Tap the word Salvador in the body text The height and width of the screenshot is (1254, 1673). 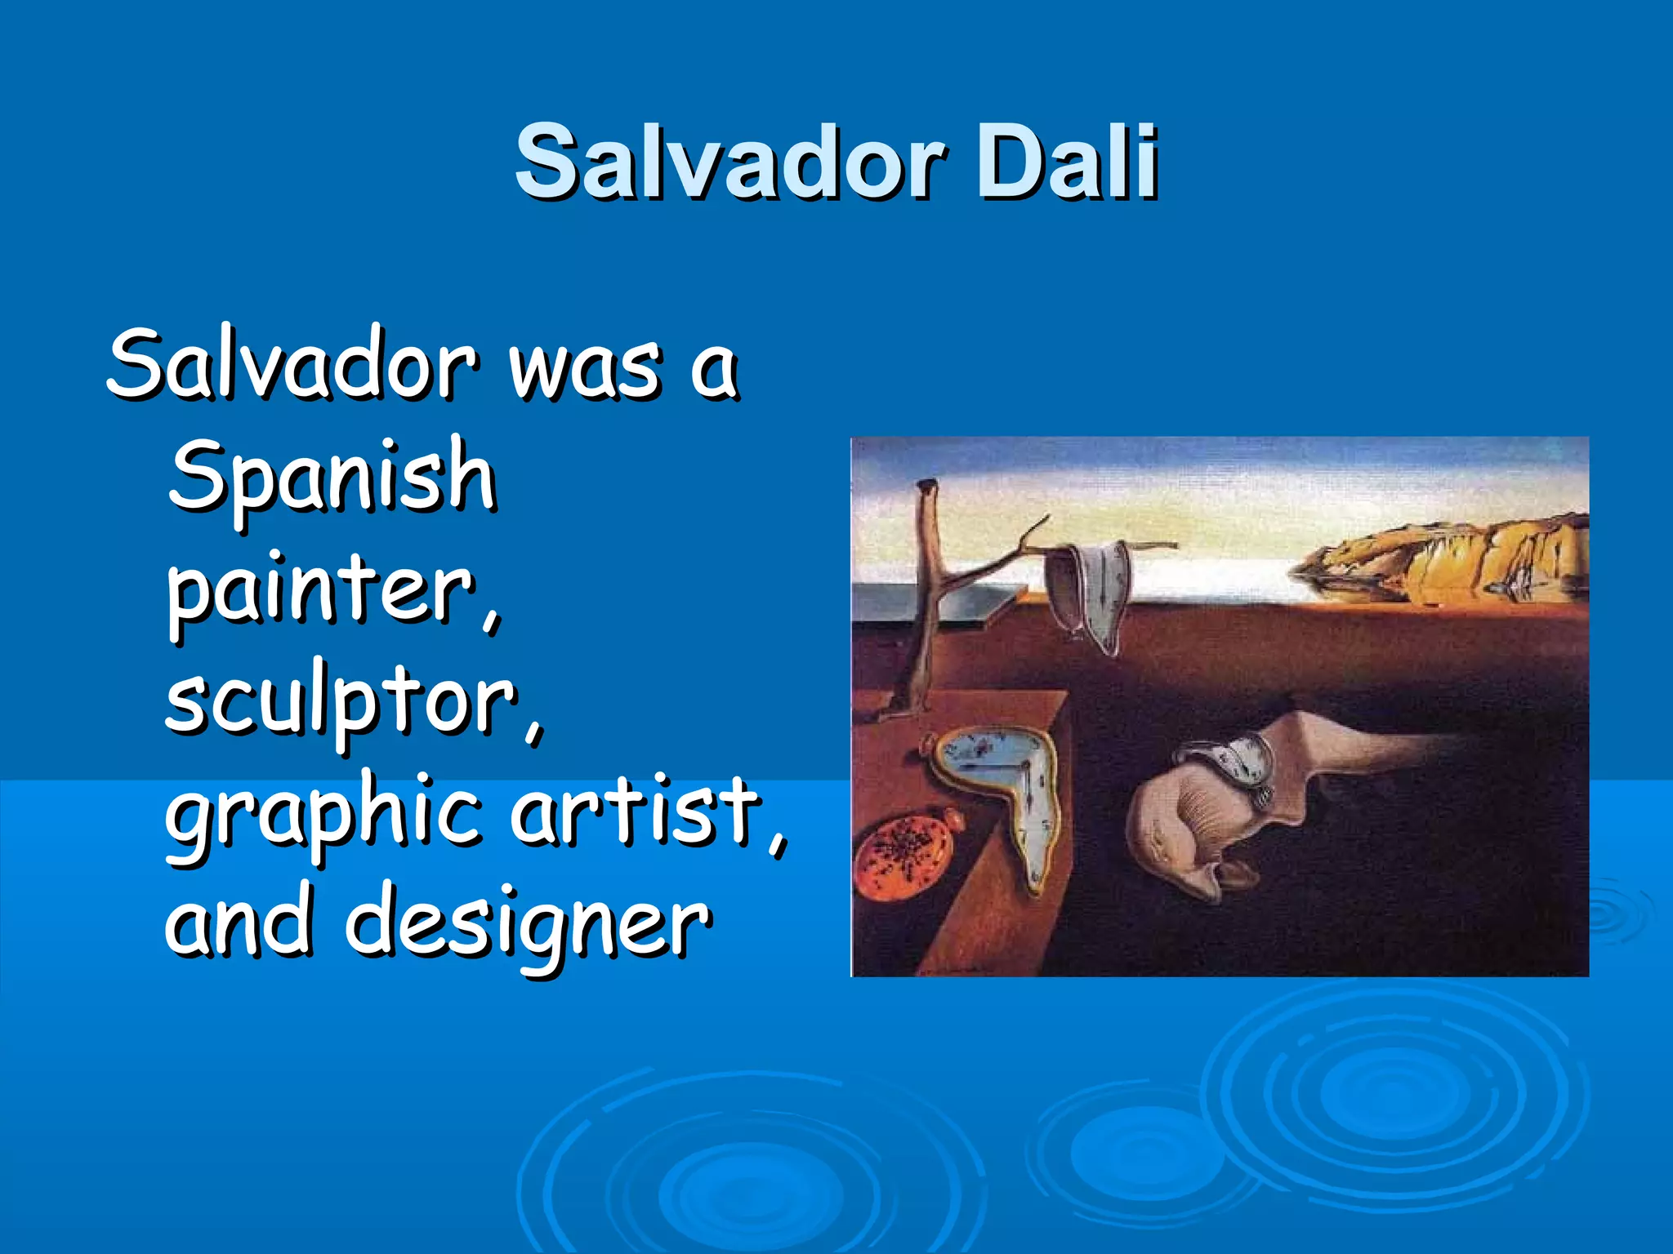(x=291, y=365)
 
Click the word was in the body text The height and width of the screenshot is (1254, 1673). (x=583, y=367)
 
